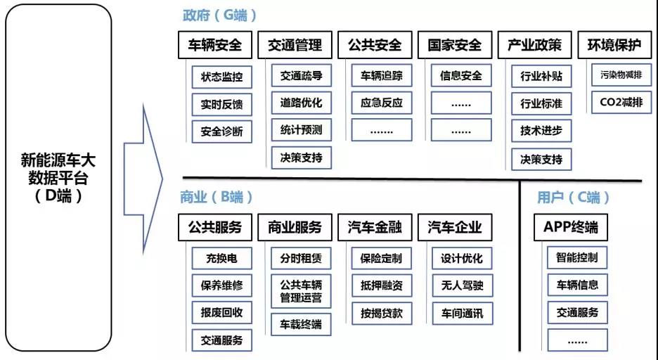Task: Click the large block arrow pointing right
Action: (143, 179)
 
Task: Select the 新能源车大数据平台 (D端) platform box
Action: (58, 177)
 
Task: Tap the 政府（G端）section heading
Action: (219, 15)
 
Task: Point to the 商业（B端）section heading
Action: (216, 197)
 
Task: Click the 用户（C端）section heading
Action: (573, 197)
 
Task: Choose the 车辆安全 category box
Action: (215, 45)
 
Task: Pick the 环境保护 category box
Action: (614, 44)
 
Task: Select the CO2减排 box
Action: (621, 103)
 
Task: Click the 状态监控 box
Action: (221, 77)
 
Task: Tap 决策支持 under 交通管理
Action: (302, 157)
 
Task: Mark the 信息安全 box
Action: (460, 75)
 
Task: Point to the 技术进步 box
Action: (541, 131)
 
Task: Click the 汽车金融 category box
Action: (375, 227)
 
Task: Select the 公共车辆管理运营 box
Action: (301, 291)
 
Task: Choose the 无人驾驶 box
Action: (462, 285)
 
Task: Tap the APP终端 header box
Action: (571, 227)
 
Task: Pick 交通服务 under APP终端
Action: (577, 313)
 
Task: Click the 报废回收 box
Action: (221, 313)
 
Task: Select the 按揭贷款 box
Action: (382, 314)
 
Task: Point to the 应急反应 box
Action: (382, 103)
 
